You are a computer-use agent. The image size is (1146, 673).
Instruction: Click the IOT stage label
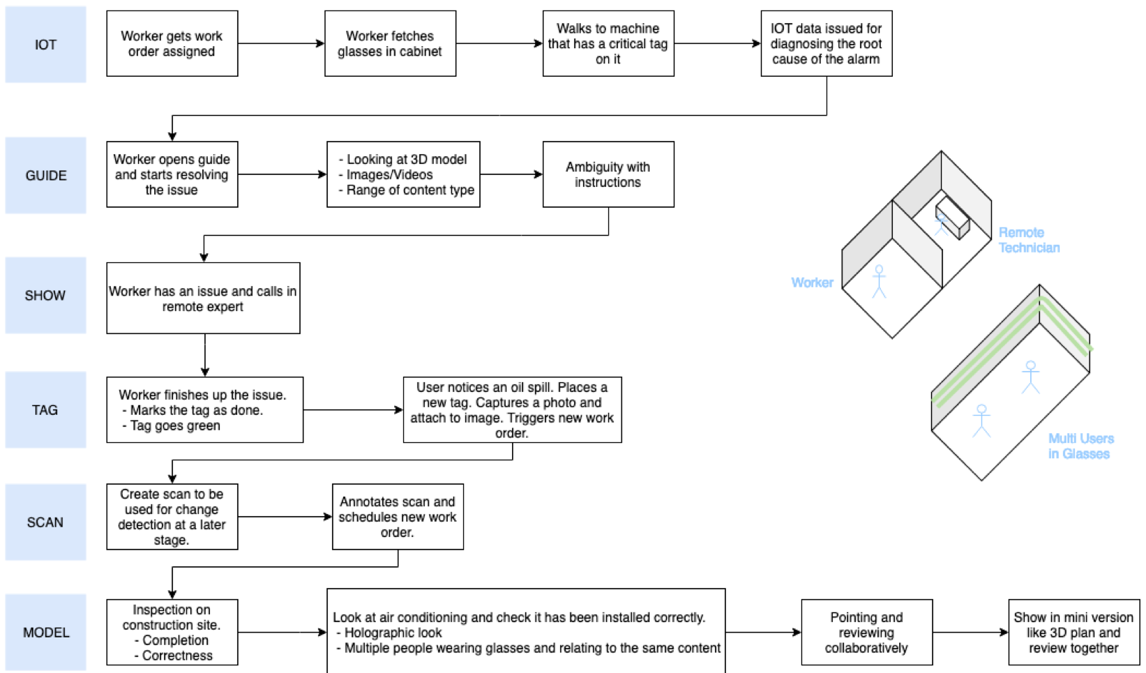[x=45, y=45]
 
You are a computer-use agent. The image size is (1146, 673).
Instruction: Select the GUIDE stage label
[x=45, y=176]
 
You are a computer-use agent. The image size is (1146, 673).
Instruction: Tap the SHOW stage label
[x=45, y=296]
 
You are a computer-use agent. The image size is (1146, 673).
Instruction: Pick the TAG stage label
[x=45, y=410]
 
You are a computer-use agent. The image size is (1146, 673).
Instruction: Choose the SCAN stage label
[x=45, y=522]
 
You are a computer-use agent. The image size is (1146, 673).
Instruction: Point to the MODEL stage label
[x=45, y=633]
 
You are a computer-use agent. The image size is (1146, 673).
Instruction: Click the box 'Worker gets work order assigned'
[x=172, y=43]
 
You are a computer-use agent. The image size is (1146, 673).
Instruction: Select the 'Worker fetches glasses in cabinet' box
[x=391, y=43]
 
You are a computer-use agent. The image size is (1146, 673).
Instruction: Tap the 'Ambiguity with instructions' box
[x=608, y=174]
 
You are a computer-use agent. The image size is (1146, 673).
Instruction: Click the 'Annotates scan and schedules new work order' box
[x=398, y=517]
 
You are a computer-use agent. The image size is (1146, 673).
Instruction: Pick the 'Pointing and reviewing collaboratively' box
[x=867, y=633]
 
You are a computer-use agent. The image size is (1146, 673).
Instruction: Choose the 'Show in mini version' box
[x=1074, y=633]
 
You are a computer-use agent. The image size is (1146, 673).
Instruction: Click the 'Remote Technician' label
[x=1029, y=240]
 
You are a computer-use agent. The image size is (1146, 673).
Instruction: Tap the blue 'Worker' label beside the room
[x=813, y=282]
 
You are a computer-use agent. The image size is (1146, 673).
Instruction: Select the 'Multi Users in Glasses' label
[x=1080, y=446]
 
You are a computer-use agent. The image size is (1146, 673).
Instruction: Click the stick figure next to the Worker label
[x=879, y=281]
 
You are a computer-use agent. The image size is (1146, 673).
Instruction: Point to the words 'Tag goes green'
[x=175, y=425]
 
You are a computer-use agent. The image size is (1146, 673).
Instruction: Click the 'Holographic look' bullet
[x=393, y=633]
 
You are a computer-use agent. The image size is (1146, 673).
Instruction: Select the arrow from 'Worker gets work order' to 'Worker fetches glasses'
[x=281, y=43]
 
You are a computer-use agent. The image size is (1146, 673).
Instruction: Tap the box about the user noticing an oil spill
[x=512, y=409]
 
